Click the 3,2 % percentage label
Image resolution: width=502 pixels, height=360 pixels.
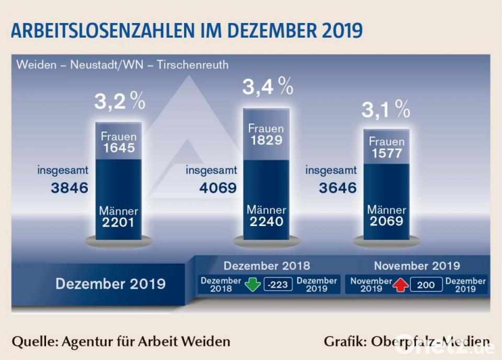119,102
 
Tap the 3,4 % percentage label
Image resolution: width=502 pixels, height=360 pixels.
267,87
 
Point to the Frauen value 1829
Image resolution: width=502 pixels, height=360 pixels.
266,140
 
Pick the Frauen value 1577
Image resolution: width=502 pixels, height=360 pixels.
386,153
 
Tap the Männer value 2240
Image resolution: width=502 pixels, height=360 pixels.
266,221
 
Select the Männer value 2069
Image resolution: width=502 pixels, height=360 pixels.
386,221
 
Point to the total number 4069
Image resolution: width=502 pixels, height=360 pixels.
218,188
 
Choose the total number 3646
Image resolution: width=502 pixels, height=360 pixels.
338,188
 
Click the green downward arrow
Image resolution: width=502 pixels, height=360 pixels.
253,285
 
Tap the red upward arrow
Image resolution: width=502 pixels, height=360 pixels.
401,285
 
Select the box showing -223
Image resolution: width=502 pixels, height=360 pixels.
277,285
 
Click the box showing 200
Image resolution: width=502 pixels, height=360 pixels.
426,285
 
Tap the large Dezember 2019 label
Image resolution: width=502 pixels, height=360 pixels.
110,284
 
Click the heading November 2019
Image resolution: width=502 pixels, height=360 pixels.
417,265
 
